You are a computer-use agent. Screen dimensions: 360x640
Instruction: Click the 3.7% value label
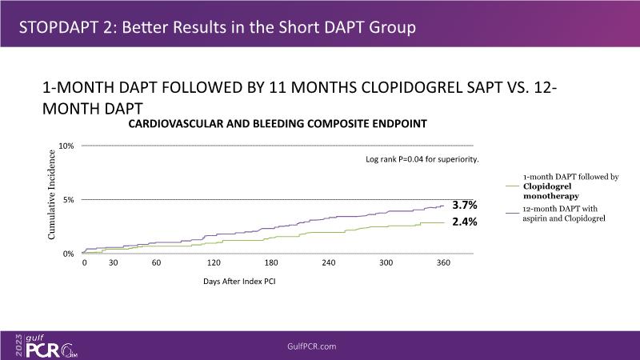[465, 206]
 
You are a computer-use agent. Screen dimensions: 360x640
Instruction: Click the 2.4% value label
[465, 222]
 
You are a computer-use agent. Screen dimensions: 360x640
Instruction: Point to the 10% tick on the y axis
[66, 146]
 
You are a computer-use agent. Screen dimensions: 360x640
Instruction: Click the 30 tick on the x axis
[113, 263]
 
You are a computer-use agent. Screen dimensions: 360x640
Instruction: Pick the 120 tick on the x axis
[214, 263]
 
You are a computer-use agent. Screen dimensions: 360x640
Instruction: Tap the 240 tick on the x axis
[328, 263]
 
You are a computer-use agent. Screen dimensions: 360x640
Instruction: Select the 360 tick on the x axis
[442, 263]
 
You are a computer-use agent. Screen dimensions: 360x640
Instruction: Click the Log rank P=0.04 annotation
[422, 159]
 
